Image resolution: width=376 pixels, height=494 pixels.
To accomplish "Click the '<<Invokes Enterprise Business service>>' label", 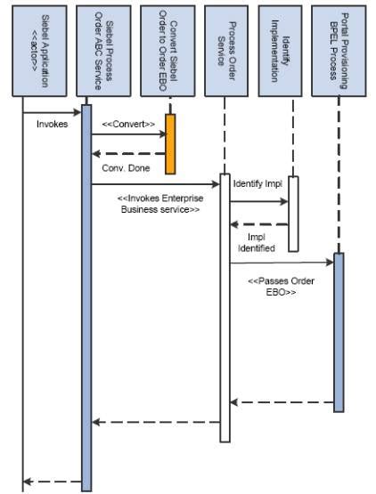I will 159,205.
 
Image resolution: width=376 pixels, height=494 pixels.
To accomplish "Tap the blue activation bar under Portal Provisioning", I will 338,331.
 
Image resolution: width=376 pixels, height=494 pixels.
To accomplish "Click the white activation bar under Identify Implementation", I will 292,214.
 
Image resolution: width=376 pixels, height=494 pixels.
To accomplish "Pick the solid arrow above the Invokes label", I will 53,113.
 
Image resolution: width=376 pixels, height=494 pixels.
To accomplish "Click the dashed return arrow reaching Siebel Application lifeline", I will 53,482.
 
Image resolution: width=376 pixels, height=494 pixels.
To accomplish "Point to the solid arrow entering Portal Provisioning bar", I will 281,263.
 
